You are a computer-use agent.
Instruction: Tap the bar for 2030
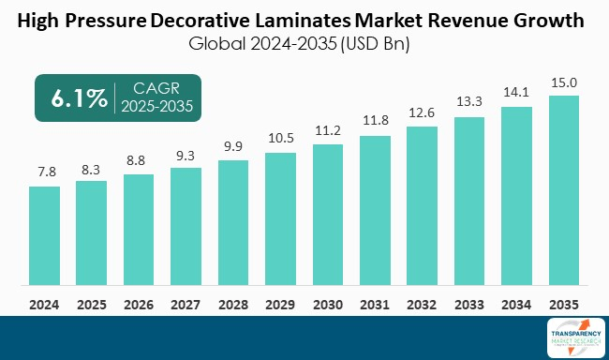(x=328, y=215)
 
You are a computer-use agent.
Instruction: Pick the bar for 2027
(x=186, y=227)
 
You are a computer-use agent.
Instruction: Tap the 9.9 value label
(x=233, y=148)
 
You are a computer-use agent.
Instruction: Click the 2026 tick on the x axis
(x=139, y=304)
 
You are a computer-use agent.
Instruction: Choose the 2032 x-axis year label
(x=423, y=304)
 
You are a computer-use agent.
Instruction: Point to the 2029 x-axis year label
(x=280, y=304)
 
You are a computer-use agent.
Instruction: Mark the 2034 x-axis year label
(x=517, y=304)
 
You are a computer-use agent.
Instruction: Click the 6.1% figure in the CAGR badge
(x=72, y=98)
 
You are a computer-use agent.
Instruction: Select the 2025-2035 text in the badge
(x=156, y=108)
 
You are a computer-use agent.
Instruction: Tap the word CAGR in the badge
(x=156, y=89)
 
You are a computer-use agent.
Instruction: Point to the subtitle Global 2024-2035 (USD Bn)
(x=304, y=42)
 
